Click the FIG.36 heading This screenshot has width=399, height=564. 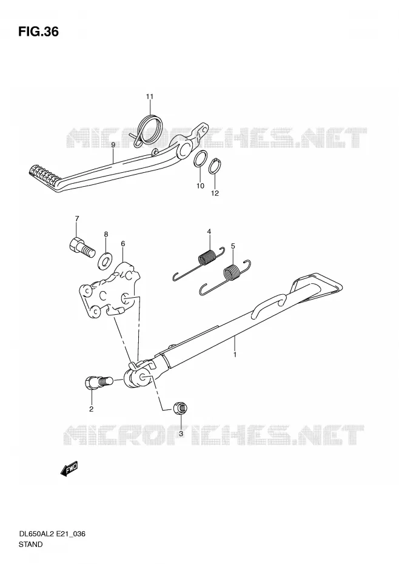tap(38, 32)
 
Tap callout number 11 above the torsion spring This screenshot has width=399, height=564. tap(150, 96)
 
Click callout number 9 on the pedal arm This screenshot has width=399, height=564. tap(113, 144)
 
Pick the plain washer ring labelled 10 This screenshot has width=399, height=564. tap(201, 159)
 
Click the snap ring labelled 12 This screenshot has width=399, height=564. tap(215, 165)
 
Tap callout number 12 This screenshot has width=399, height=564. tap(215, 193)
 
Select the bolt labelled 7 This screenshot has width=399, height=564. tap(81, 247)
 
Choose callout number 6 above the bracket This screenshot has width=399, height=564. tap(122, 244)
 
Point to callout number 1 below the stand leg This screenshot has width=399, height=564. tap(235, 354)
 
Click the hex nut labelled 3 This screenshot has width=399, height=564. tap(181, 409)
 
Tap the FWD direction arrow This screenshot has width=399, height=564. tap(69, 469)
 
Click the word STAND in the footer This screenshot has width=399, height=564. tap(30, 545)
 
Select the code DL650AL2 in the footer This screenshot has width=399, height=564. tap(36, 534)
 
